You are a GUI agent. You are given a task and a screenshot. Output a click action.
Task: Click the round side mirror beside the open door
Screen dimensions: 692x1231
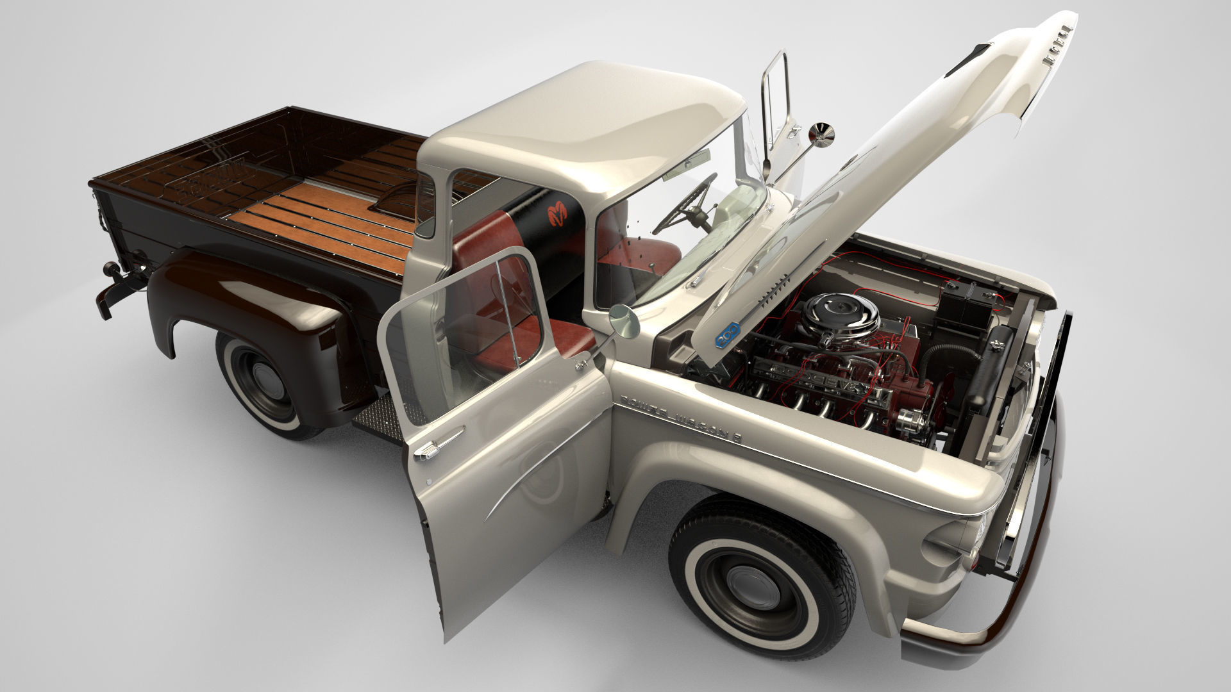tap(624, 322)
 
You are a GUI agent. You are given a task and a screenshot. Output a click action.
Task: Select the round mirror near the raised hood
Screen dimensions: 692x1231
tap(821, 134)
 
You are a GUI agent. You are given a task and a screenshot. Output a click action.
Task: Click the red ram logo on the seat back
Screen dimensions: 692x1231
tap(558, 212)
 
